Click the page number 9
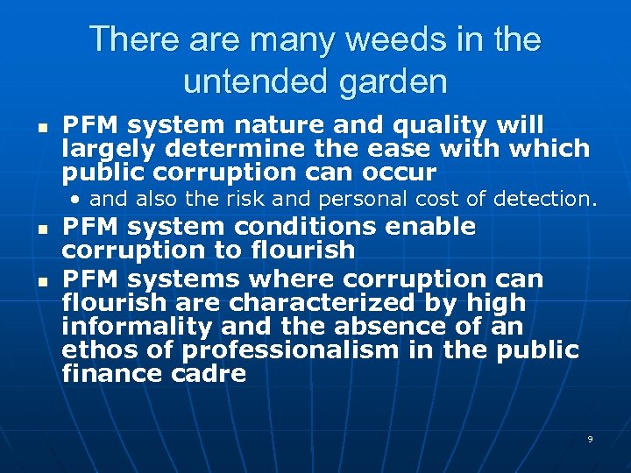(590, 439)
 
